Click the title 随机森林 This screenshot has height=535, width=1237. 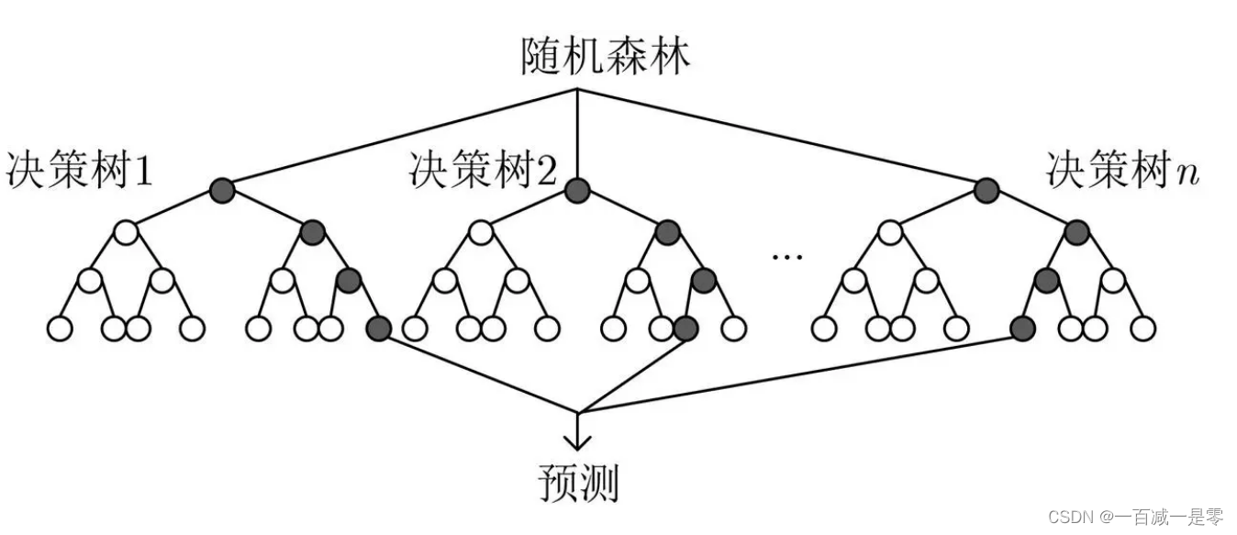[x=606, y=56]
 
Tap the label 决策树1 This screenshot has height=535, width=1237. [x=79, y=170]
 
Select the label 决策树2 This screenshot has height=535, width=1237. [x=483, y=170]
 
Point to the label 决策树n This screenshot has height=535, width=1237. [x=1122, y=170]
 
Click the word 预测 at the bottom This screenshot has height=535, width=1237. [x=578, y=483]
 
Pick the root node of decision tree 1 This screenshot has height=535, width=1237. [x=223, y=191]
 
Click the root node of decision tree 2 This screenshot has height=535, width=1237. [x=577, y=191]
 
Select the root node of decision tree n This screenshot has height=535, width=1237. [x=986, y=191]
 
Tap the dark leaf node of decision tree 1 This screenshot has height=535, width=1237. [x=379, y=329]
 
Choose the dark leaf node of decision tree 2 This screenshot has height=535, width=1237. [x=685, y=329]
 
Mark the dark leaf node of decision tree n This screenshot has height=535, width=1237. [x=1023, y=329]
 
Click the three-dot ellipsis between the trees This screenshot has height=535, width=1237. [x=787, y=257]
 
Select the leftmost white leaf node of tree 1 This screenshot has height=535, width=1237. [x=60, y=329]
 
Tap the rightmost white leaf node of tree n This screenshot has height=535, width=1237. [x=1143, y=329]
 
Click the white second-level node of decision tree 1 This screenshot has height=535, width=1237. [x=126, y=232]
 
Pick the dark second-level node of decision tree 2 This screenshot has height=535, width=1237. [x=668, y=232]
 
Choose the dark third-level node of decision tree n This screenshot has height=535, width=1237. [x=1046, y=281]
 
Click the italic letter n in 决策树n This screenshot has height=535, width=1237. [x=1187, y=174]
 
